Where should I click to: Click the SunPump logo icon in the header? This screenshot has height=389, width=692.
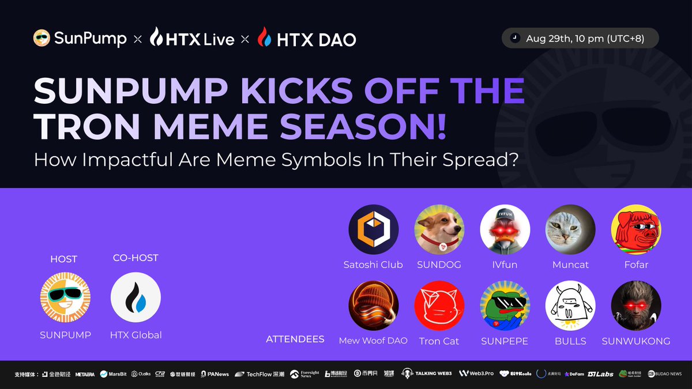42,39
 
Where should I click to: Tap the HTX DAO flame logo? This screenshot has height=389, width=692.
264,38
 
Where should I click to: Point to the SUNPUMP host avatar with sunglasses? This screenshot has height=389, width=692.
65,297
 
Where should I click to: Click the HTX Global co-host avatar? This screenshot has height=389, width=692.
136,297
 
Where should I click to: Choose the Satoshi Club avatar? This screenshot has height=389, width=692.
373,229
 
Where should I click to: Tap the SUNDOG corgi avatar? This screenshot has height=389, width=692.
439,229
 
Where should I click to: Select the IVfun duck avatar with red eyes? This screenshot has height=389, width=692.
505,229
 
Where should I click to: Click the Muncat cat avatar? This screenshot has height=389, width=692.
570,229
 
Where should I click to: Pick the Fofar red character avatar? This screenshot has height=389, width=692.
635,229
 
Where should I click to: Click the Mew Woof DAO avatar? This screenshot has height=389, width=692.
373,306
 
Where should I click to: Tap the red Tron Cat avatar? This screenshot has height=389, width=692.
439,306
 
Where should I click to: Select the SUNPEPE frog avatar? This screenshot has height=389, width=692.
505,306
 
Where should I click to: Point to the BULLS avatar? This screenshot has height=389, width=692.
570,306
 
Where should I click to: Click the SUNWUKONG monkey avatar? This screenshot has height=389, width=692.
635,306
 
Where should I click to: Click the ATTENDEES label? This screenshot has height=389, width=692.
295,339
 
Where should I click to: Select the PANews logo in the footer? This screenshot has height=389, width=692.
215,374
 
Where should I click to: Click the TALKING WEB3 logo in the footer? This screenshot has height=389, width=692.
427,373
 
